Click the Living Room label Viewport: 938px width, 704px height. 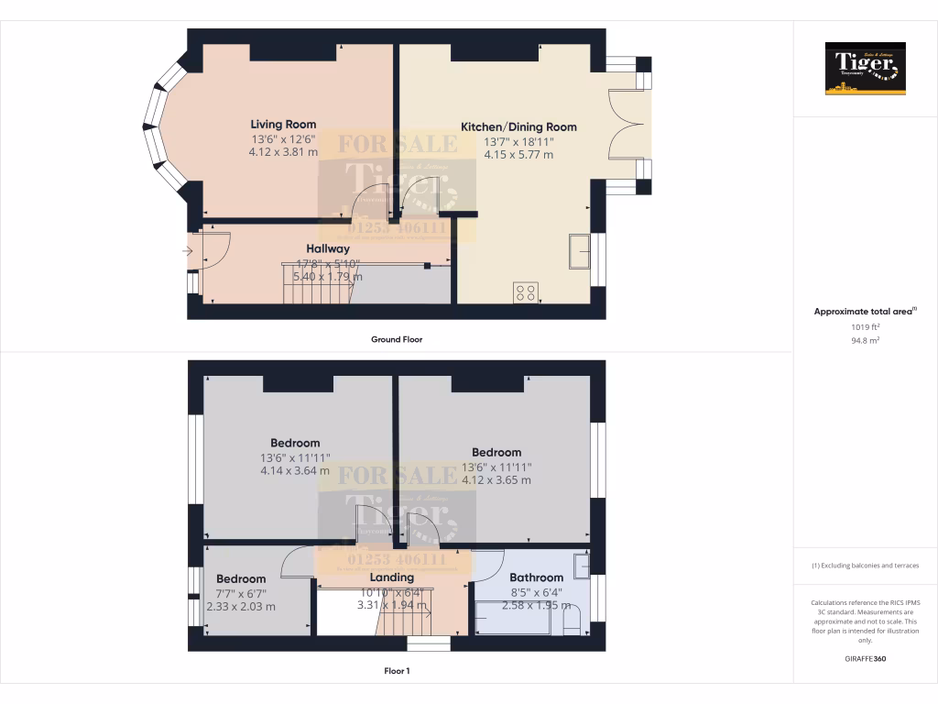[283, 125]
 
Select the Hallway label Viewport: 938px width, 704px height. [327, 248]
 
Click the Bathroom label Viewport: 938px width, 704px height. [536, 577]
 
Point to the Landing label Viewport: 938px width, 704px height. [391, 577]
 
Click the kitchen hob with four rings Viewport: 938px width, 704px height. [526, 292]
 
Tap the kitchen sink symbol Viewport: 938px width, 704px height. [580, 250]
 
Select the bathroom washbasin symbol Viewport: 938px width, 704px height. [581, 566]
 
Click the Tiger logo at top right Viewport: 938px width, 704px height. [865, 68]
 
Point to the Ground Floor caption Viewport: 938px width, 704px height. [396, 339]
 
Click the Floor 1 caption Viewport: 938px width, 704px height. [396, 671]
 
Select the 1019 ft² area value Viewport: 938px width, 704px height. [865, 326]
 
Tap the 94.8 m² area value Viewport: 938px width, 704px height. [865, 340]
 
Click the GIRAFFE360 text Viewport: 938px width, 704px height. [865, 658]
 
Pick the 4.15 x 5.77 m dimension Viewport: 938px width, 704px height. [518, 155]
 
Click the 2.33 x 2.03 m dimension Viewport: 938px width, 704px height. [241, 606]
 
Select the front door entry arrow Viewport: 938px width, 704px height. [187, 250]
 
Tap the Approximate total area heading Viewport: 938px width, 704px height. [865, 312]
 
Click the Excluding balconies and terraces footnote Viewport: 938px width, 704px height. [865, 566]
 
